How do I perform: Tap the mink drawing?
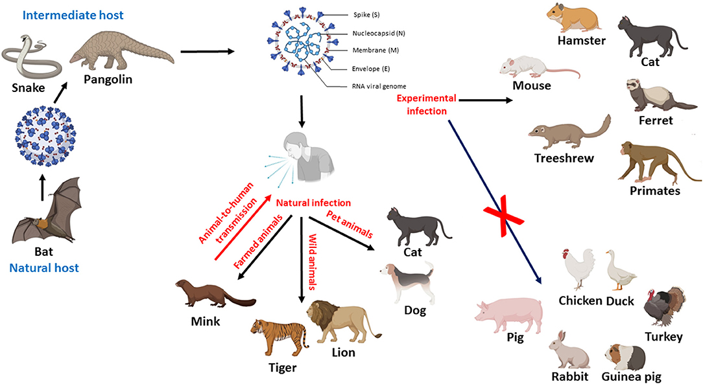point(211,292)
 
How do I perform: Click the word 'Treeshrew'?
point(565,158)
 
